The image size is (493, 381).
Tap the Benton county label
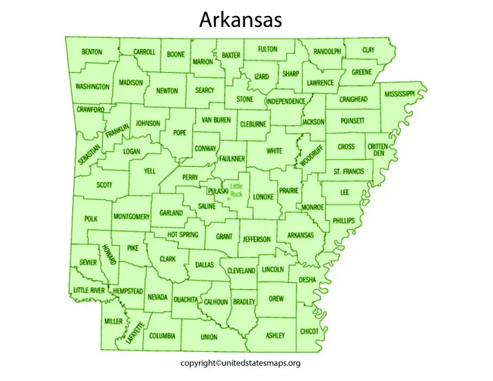[92, 52]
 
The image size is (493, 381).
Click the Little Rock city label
[237, 190]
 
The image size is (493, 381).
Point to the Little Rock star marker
[229, 199]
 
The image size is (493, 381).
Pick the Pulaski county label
[218, 191]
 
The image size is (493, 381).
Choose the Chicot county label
[309, 332]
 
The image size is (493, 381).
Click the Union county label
[209, 337]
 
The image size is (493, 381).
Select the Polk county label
[91, 219]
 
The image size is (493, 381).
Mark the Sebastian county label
[89, 154]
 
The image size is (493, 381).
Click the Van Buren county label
[216, 120]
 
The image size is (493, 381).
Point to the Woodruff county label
[315, 155]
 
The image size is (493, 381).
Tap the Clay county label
[368, 49]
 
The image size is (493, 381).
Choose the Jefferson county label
[257, 239]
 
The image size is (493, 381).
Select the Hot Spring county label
[183, 235]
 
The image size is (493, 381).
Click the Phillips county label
[343, 220]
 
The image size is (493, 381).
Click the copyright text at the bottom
[240, 363]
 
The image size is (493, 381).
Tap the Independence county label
[286, 102]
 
